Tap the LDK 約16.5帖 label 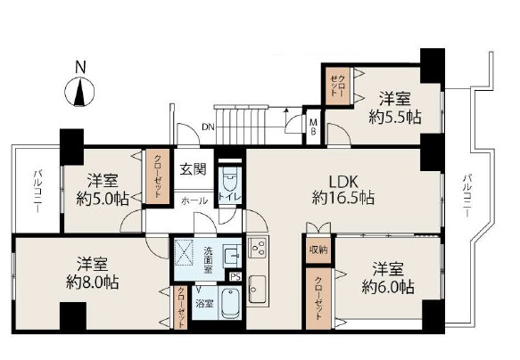(x=342, y=188)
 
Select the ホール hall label (x=194, y=200)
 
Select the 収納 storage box (x=318, y=250)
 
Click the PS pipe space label (x=235, y=277)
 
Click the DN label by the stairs (x=207, y=127)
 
